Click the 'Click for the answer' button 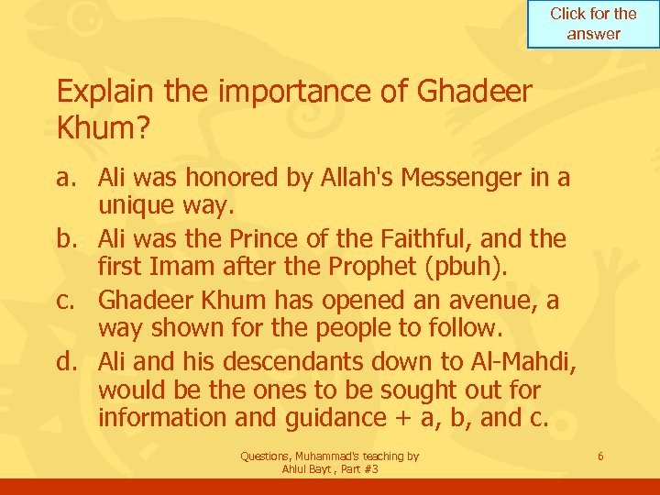point(593,24)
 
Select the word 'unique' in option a point(136,205)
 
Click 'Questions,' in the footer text point(268,456)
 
